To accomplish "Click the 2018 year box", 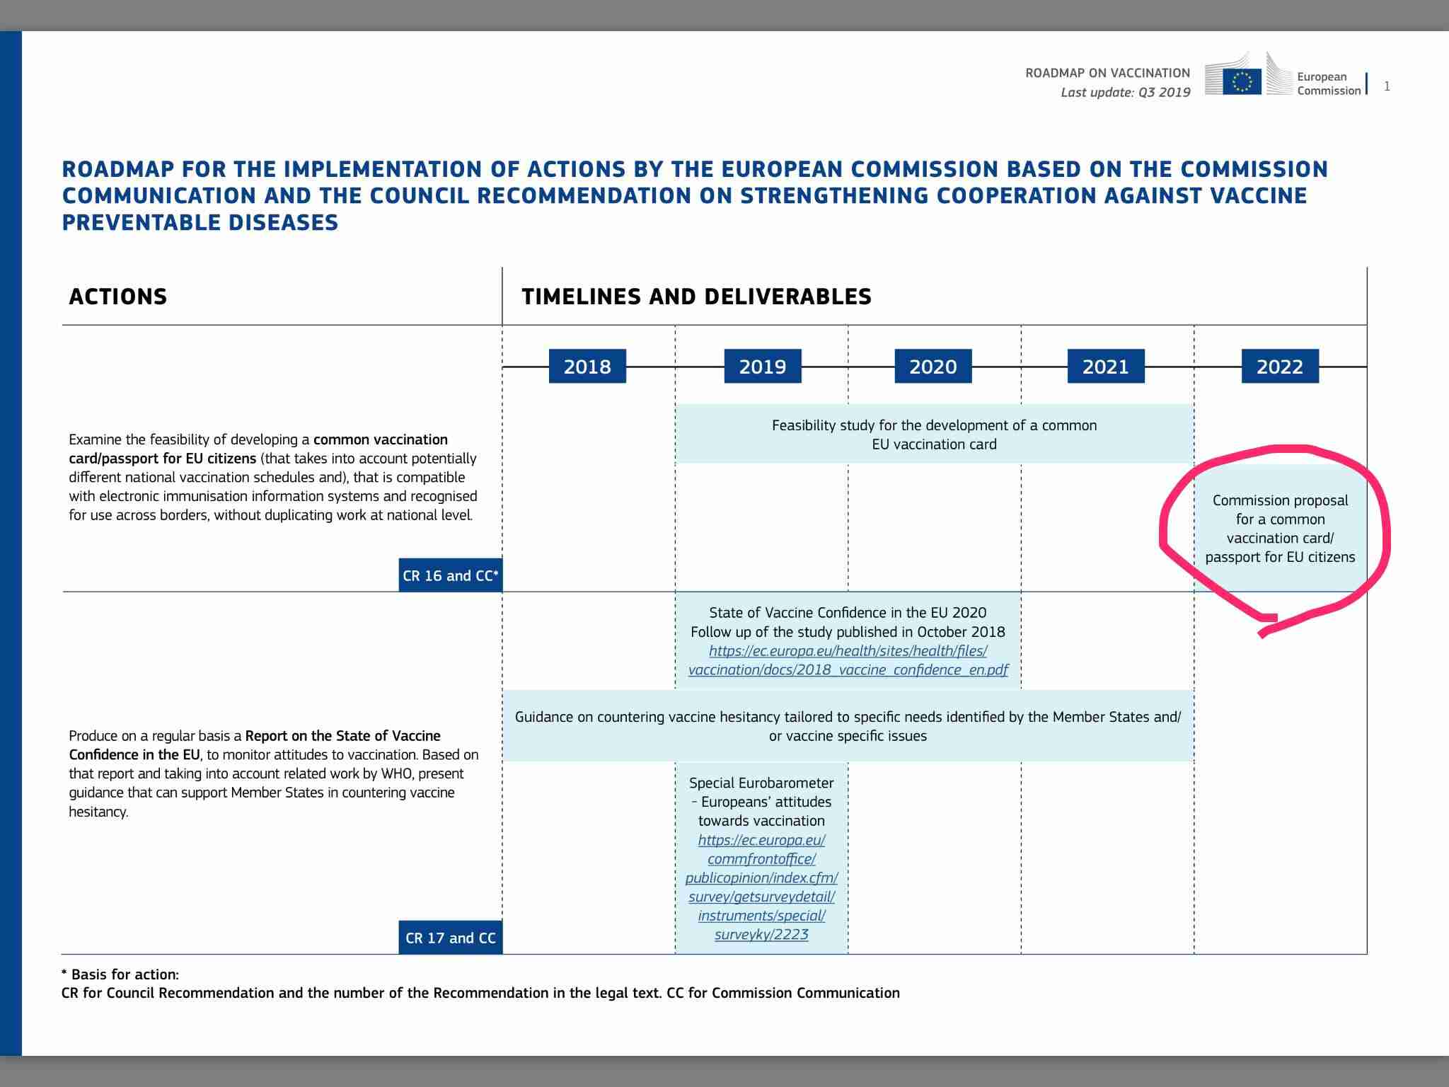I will (x=587, y=366).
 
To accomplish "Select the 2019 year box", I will (x=762, y=366).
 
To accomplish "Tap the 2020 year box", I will (x=933, y=366).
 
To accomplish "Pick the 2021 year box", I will (x=1105, y=366).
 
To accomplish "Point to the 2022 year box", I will (x=1279, y=366).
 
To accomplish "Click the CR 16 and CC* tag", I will (x=450, y=575).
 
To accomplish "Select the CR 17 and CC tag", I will (x=450, y=938).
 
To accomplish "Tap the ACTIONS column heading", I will (x=118, y=297).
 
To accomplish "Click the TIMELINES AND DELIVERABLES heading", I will (x=696, y=297).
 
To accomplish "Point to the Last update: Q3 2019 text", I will (x=1125, y=93).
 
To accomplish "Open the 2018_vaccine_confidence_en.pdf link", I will (x=848, y=660).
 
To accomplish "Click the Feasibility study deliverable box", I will (x=934, y=435).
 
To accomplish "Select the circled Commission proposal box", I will (x=1280, y=529).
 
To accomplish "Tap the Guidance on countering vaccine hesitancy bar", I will (x=848, y=726).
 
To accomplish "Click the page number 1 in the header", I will (x=1387, y=86).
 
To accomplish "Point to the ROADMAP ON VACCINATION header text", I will (x=1107, y=73).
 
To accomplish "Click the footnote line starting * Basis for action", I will (x=120, y=974).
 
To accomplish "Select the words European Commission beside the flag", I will (x=1328, y=84).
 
